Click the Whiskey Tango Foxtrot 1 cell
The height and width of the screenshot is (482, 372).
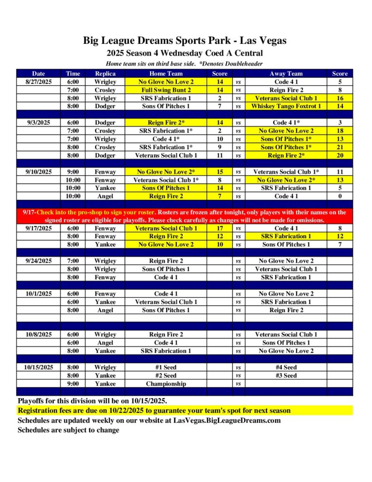pyautogui.click(x=286, y=106)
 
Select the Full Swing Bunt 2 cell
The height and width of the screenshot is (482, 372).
pyautogui.click(x=166, y=90)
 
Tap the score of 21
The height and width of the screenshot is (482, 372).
pyautogui.click(x=340, y=147)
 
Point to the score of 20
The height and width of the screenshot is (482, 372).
pyautogui.click(x=340, y=155)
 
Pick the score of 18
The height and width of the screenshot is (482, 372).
pyautogui.click(x=340, y=131)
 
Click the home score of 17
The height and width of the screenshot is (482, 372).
pyautogui.click(x=220, y=228)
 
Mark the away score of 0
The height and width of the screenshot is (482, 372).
pyautogui.click(x=340, y=196)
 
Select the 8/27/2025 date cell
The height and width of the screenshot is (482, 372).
pyautogui.click(x=38, y=82)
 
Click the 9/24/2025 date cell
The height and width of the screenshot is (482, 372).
pyautogui.click(x=38, y=261)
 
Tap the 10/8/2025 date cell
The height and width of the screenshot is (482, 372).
pyautogui.click(x=38, y=335)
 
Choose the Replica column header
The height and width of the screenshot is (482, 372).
pyautogui.click(x=105, y=73)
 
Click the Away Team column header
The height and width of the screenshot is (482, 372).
pyautogui.click(x=286, y=73)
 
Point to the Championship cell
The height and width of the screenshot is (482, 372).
pyautogui.click(x=166, y=384)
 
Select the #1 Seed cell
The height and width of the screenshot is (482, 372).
pyautogui.click(x=166, y=367)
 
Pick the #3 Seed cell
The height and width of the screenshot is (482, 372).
pyautogui.click(x=286, y=376)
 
